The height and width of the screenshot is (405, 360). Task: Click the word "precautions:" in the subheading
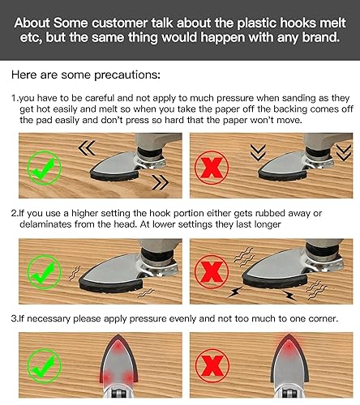(x=127, y=75)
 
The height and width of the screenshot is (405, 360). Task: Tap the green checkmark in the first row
(x=44, y=168)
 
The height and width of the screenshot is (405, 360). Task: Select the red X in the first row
(x=212, y=168)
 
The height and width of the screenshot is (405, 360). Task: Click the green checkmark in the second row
(x=45, y=272)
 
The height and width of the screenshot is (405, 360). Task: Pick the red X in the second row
(x=212, y=272)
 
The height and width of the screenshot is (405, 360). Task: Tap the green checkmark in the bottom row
(x=45, y=365)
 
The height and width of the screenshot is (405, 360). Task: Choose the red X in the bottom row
(x=212, y=365)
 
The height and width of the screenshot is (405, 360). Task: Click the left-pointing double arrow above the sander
(x=87, y=148)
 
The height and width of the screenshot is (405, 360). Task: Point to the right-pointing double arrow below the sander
(x=161, y=182)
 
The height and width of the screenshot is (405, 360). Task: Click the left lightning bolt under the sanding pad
(x=234, y=292)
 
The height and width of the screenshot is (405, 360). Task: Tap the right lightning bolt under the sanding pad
(x=289, y=296)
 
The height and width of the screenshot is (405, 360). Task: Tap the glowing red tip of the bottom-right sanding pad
(x=289, y=344)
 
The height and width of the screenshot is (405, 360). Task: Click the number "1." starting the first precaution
(x=15, y=98)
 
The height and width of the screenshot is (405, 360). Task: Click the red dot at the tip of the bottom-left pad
(x=118, y=346)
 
